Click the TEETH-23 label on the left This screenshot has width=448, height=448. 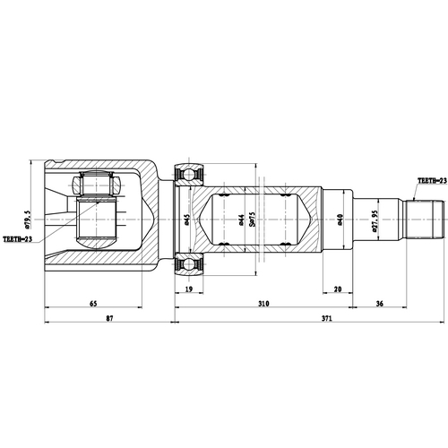tap(18, 239)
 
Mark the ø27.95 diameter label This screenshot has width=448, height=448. tap(375, 218)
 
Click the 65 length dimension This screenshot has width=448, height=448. tap(93, 304)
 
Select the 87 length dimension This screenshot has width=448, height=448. tap(109, 320)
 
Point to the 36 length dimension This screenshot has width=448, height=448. tap(380, 304)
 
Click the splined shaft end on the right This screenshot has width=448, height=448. tap(426, 218)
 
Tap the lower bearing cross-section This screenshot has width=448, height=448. tap(193, 265)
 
